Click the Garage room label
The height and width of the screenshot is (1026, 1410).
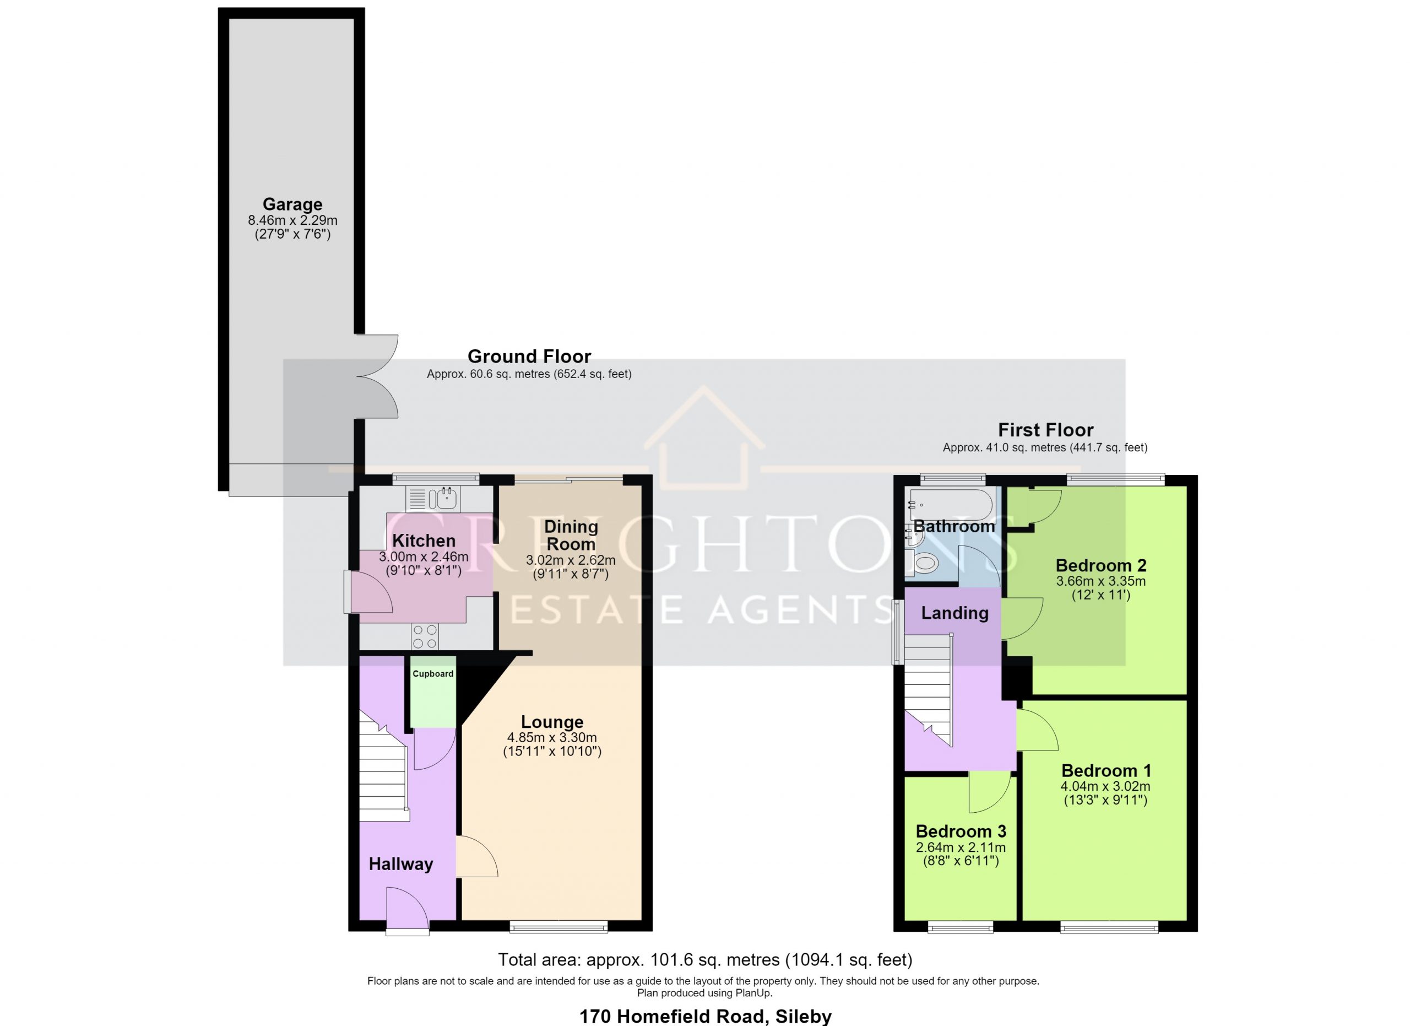[292, 204]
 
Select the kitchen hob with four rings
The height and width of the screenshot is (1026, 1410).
[425, 636]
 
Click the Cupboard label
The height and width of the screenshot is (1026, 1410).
[433, 673]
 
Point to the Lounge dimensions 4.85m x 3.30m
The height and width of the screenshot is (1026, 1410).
[552, 737]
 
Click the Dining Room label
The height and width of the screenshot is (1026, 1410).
[571, 534]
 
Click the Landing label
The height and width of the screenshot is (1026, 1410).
[955, 613]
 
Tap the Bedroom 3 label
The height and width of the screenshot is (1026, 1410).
[961, 831]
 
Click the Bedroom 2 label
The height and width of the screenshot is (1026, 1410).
[1101, 565]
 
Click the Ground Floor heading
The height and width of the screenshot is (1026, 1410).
[529, 357]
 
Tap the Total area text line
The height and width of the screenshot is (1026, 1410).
[705, 959]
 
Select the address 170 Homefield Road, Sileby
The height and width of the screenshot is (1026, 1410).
[705, 1017]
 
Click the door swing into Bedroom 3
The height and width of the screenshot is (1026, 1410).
[990, 792]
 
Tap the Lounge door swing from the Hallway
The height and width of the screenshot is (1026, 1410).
[477, 856]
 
